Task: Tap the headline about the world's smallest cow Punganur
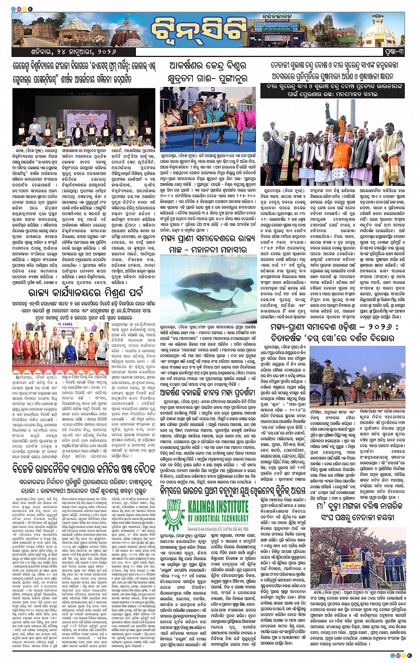click(208, 72)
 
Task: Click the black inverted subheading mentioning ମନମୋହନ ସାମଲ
click(332, 90)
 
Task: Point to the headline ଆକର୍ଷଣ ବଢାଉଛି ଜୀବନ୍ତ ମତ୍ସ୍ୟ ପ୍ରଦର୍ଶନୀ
click(208, 378)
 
